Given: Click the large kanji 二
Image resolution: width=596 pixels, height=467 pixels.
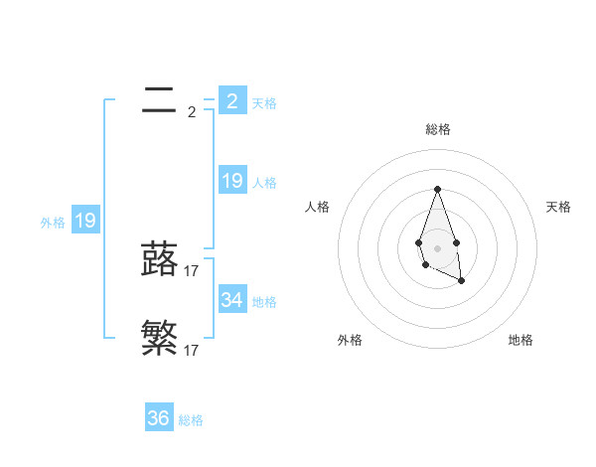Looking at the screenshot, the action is (160, 99).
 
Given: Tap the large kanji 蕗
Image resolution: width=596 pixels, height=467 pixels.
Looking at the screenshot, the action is (160, 259).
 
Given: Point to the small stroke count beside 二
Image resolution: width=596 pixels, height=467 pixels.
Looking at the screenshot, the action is (192, 112).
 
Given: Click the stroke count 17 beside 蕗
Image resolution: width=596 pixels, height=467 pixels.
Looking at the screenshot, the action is (192, 270).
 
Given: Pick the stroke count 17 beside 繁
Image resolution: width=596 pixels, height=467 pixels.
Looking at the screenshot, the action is (192, 350).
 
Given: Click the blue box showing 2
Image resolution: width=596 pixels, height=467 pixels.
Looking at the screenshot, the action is (232, 101).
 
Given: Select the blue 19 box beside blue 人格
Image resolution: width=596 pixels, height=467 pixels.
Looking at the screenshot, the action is (232, 181).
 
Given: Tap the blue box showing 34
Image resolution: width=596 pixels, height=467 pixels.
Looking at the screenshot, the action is (232, 299).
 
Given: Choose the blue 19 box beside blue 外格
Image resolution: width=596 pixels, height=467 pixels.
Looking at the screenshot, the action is (85, 221).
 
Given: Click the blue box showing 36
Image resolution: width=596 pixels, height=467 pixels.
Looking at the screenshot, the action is (159, 418).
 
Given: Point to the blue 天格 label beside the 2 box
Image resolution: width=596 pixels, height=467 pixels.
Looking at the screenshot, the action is (264, 103).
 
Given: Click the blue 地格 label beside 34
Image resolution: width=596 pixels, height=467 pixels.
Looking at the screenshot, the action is (264, 301).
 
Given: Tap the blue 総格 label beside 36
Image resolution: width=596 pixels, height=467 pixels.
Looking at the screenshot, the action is (191, 420).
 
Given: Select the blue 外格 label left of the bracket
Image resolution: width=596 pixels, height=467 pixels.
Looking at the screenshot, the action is (53, 223).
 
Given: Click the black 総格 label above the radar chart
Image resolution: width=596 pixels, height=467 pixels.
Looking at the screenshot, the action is (437, 129).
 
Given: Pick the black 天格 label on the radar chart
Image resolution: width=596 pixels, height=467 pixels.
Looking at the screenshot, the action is (558, 207).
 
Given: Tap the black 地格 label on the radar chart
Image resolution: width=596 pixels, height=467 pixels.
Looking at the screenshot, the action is (521, 340).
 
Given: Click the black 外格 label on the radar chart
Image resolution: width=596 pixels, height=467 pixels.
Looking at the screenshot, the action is (350, 340).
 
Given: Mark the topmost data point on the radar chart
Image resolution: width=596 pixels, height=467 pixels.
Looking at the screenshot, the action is (437, 189).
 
